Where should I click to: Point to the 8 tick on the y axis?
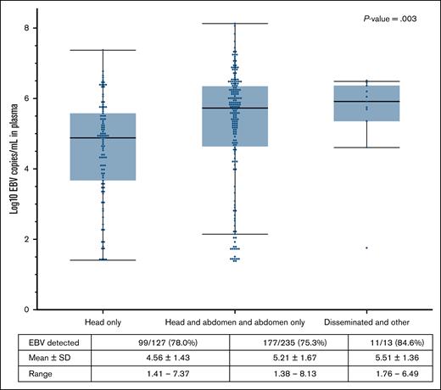28,28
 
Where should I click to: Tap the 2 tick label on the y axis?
28,239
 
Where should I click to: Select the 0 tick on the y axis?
28,309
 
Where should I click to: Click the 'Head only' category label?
102,323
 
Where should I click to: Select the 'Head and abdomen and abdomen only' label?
233,323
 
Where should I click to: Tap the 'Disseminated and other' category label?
367,323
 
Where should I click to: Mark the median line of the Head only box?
102,137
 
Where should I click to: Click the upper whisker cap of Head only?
102,50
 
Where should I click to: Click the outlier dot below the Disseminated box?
367,248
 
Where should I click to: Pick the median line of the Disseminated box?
367,102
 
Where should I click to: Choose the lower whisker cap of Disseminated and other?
367,148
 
